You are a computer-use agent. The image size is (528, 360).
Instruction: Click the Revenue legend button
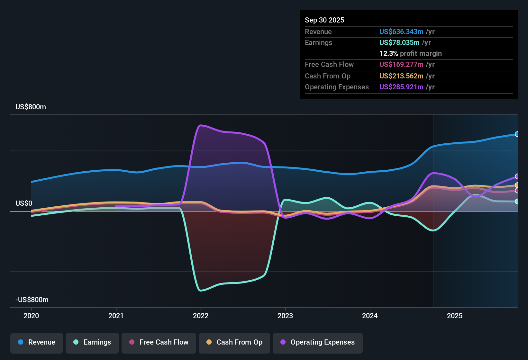tap(37, 342)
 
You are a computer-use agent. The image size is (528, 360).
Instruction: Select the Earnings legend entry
tap(92, 342)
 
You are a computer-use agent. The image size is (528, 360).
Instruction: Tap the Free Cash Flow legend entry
tap(159, 342)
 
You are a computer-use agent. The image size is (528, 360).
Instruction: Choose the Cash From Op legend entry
tap(234, 342)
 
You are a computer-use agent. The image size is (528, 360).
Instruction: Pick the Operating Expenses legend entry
tap(318, 342)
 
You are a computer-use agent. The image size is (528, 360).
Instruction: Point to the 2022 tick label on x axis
tap(201, 316)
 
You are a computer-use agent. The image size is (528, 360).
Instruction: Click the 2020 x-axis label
tap(31, 316)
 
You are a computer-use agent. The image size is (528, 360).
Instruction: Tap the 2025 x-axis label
tap(455, 316)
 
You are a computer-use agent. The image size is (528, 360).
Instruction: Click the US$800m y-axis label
tap(31, 107)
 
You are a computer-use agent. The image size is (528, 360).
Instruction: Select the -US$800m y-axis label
tap(32, 300)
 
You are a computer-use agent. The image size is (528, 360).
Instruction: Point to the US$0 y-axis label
tap(24, 203)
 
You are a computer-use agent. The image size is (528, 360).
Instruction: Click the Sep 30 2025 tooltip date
tap(324, 20)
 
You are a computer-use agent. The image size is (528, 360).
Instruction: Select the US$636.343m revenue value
tap(401, 32)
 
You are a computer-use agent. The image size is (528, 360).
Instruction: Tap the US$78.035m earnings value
tap(399, 43)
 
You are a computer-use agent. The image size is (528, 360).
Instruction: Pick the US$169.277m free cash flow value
tap(401, 65)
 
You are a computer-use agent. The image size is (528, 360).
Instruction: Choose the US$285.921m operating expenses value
tap(401, 87)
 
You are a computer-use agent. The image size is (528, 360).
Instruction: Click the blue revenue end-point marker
tap(517, 134)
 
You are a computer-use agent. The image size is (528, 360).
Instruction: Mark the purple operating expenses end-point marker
tap(517, 176)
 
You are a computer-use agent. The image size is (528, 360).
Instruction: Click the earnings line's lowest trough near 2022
tap(201, 291)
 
